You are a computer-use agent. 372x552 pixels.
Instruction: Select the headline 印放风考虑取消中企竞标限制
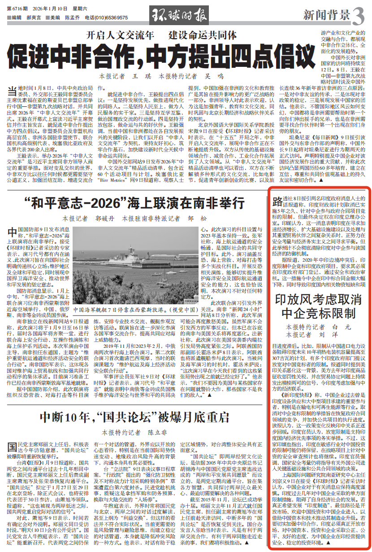point(318,307)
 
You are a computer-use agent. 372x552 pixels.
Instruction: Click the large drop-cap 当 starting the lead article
point(13,91)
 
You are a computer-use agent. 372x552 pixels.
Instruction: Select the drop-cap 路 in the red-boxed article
point(277,200)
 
